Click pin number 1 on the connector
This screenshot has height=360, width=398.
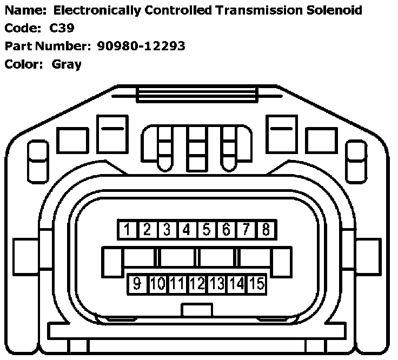coord(127,230)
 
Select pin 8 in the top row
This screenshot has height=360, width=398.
coord(266,230)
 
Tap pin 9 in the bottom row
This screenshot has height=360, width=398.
coord(137,283)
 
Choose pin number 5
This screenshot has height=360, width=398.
coord(206,230)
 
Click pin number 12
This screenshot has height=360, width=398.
coord(197,283)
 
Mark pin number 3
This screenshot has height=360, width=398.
coord(167,230)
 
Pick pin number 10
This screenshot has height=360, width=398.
coord(157,283)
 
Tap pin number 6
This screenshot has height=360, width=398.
coord(226,230)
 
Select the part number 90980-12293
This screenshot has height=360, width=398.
coord(141,46)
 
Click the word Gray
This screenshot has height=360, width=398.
coord(67,64)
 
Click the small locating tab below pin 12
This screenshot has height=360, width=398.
coord(197,310)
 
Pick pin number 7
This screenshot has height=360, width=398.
coord(246,230)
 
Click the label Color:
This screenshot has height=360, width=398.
coord(23,64)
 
